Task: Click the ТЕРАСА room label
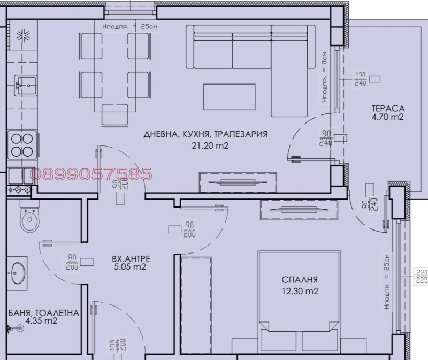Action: tap(388, 109)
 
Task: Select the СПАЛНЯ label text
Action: tap(300, 279)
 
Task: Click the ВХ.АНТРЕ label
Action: tap(131, 259)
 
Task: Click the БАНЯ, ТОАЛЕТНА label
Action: tap(44, 313)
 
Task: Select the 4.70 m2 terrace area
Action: tap(388, 117)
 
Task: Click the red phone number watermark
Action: tap(91, 174)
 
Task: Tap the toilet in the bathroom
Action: tap(27, 218)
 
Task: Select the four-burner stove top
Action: tap(22, 144)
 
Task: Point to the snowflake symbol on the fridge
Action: tap(22, 36)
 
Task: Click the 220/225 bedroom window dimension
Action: tap(422, 275)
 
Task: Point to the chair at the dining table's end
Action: tap(114, 114)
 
